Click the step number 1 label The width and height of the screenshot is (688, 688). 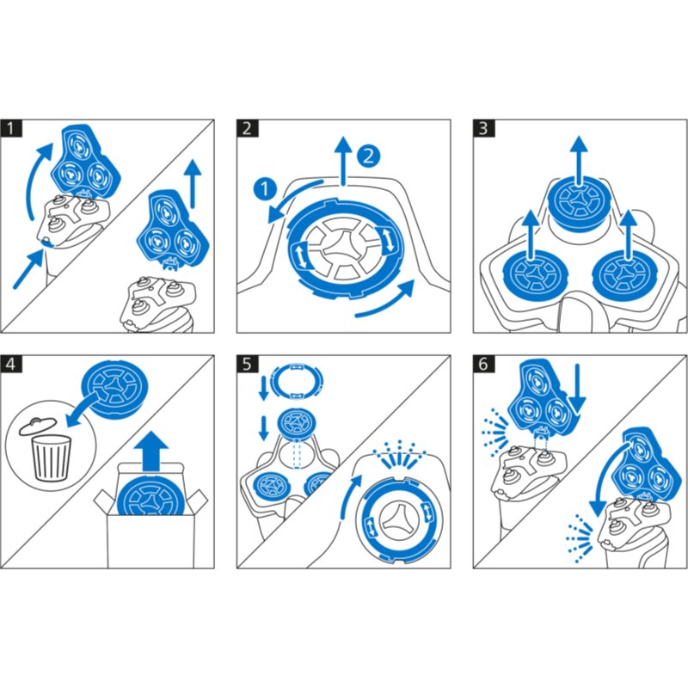(11, 128)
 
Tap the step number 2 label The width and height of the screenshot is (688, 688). (248, 128)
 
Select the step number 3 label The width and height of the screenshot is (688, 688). (483, 128)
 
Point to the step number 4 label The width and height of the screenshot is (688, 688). (11, 364)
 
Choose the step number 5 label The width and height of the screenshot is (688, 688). (248, 364)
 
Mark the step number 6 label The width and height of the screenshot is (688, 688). (483, 364)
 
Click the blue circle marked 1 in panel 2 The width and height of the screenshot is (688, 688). (265, 189)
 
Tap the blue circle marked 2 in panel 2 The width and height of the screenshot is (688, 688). (369, 157)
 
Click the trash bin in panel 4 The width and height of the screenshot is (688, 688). (51, 458)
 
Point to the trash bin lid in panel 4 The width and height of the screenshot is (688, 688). (38, 426)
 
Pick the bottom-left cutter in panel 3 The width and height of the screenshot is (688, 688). (534, 275)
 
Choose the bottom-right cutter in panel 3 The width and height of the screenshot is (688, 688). (625, 275)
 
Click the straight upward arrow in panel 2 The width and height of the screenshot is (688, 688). (343, 161)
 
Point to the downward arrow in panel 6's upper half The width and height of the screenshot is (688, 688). (578, 390)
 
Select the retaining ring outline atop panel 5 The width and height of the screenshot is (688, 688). (297, 381)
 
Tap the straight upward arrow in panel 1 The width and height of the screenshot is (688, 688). (192, 183)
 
